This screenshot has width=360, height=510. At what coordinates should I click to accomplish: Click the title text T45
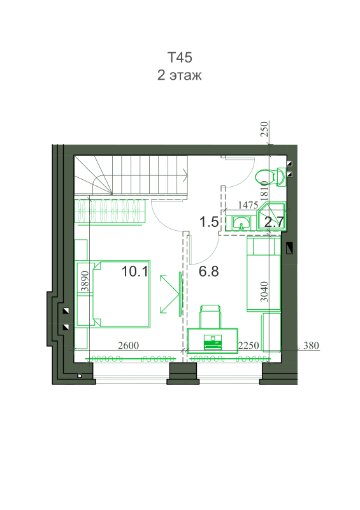click(180, 57)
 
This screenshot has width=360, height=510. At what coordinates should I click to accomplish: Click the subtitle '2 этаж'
click(180, 75)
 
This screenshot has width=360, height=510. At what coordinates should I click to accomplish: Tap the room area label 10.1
click(134, 272)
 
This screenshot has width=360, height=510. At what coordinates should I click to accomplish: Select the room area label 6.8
click(208, 271)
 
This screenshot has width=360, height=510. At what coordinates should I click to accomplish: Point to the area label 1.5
click(209, 222)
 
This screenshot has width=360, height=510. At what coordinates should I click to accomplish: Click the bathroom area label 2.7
click(274, 222)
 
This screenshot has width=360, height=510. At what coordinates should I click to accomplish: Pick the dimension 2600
click(128, 346)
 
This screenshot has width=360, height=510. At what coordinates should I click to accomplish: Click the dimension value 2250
click(248, 346)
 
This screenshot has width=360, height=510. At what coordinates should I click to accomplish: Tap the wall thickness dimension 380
click(311, 346)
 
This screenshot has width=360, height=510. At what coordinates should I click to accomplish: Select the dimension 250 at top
click(264, 129)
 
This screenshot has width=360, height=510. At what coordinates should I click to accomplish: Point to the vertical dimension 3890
click(85, 281)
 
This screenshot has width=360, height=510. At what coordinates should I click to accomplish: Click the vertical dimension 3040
click(264, 292)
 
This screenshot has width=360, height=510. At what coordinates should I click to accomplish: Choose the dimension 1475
click(248, 205)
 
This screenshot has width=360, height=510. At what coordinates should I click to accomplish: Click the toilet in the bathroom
click(271, 177)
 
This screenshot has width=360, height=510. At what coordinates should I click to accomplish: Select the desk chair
click(210, 317)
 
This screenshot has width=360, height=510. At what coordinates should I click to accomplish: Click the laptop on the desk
click(212, 342)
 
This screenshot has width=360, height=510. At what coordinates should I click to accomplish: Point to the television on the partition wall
click(180, 294)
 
